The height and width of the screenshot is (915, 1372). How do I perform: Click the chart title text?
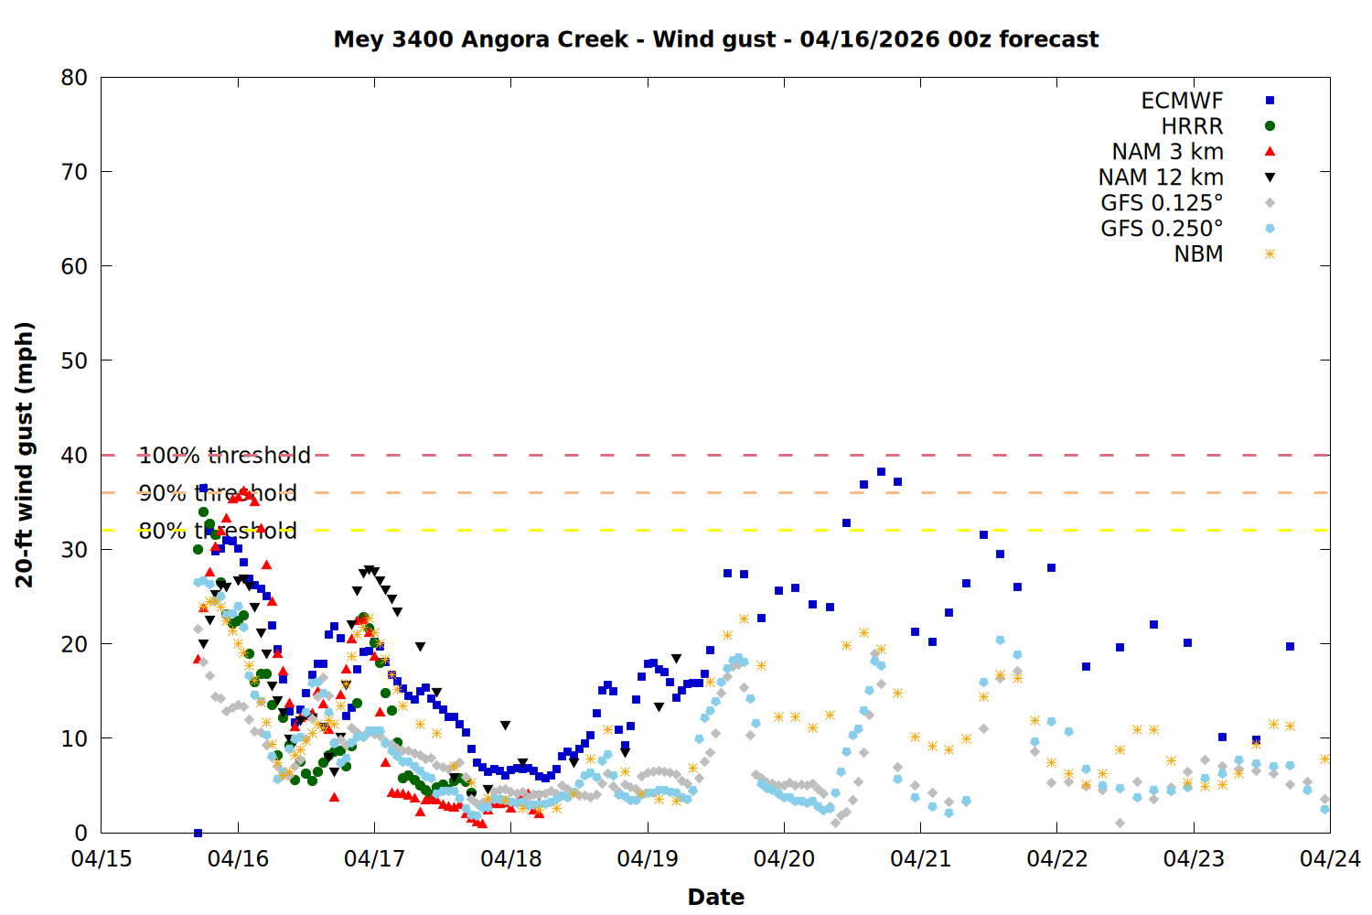tap(715, 39)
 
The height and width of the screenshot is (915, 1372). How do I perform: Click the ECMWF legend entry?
tap(1182, 101)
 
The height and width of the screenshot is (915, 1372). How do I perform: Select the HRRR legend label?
tap(1192, 126)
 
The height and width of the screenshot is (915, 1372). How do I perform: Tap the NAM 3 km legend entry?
tap(1167, 152)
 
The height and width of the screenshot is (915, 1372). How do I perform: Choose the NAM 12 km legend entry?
tap(1161, 178)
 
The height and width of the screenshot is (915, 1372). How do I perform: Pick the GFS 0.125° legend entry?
tap(1162, 203)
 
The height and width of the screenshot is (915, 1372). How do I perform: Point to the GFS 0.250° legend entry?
tap(1162, 229)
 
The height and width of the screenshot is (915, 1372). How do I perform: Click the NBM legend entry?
tap(1198, 254)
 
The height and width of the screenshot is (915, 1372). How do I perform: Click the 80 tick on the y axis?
tap(74, 78)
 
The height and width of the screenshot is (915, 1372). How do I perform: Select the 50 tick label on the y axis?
tap(74, 361)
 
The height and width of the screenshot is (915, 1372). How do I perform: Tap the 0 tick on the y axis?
tap(81, 833)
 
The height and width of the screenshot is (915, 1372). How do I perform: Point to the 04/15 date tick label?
tap(101, 859)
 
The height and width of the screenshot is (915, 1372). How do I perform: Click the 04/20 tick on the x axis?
tap(784, 859)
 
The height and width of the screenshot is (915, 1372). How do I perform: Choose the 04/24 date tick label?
tap(1330, 859)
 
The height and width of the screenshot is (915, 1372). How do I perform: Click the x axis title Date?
tap(715, 897)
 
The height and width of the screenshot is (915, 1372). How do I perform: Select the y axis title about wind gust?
tap(25, 455)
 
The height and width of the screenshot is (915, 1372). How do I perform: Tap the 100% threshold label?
tap(224, 456)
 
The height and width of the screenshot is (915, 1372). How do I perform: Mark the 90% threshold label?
tap(218, 493)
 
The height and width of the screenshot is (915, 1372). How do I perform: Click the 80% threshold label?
tap(218, 531)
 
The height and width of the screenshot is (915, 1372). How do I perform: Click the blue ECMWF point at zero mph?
tap(198, 833)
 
